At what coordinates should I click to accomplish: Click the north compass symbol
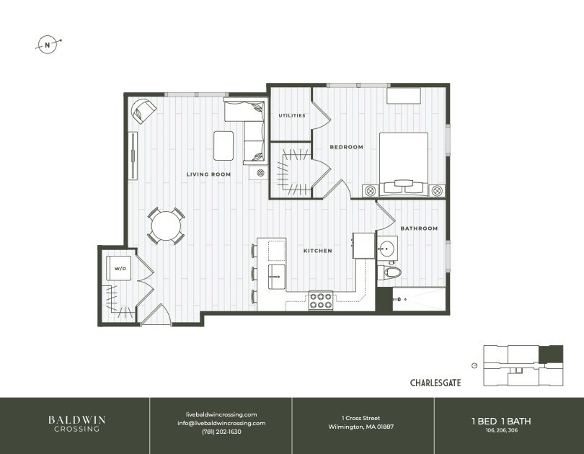[x=48, y=45]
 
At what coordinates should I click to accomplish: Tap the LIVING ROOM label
[x=208, y=174]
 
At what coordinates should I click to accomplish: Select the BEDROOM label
[x=346, y=147]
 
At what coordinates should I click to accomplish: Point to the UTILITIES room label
[x=292, y=115]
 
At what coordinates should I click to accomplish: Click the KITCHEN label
[x=318, y=251]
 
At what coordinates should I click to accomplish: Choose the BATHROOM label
[x=419, y=228]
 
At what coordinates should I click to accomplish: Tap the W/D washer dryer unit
[x=119, y=268]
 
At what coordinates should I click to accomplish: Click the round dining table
[x=166, y=226]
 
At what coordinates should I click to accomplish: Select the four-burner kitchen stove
[x=321, y=301]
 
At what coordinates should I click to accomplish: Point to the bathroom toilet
[x=390, y=272]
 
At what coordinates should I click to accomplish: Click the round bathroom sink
[x=386, y=247]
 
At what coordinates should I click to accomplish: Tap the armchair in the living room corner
[x=143, y=111]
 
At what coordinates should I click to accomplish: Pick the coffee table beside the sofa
[x=224, y=146]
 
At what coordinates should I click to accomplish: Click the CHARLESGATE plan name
[x=435, y=383]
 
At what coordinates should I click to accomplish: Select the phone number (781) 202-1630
[x=221, y=432]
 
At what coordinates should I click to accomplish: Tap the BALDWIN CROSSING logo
[x=76, y=424]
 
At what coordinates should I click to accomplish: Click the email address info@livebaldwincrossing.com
[x=221, y=423]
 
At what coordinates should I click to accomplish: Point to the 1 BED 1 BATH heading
[x=501, y=422]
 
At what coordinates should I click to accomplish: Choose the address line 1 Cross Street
[x=361, y=418]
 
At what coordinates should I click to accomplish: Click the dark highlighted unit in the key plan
[x=552, y=355]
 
